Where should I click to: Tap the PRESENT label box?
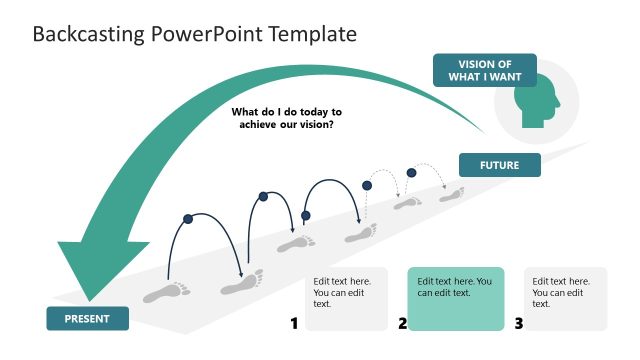point(87,319)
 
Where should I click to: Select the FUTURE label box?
point(499,164)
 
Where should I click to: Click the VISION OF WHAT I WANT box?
point(484,70)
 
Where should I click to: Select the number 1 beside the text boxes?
point(294,323)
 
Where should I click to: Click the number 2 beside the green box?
point(402,323)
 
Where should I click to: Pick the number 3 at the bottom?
point(518,323)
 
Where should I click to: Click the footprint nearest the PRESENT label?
point(167,292)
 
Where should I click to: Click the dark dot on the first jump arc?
point(187,217)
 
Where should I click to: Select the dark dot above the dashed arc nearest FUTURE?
point(411,172)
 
